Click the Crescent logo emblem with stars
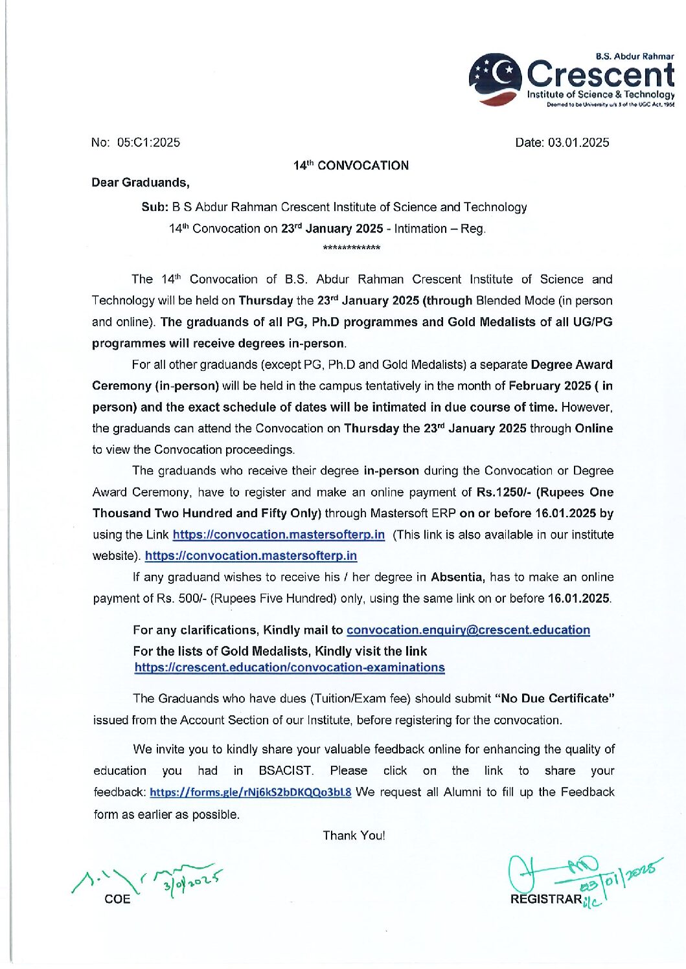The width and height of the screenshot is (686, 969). point(495,79)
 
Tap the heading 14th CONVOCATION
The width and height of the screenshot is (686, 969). point(351,166)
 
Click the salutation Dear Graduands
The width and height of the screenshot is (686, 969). point(140,183)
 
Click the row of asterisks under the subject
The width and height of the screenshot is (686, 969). point(351,248)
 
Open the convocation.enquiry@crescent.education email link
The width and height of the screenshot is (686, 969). point(468,630)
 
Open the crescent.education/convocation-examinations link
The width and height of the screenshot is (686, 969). point(290,667)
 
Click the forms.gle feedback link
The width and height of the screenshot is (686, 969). point(251,792)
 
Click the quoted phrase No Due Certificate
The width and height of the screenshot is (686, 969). point(555,698)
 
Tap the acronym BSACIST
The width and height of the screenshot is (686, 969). point(286,770)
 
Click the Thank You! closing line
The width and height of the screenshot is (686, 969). point(354,835)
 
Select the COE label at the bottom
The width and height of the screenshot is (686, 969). point(117,899)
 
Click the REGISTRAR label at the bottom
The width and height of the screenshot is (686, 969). point(546,899)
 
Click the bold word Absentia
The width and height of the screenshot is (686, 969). point(457,577)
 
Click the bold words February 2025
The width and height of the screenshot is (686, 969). point(549,386)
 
